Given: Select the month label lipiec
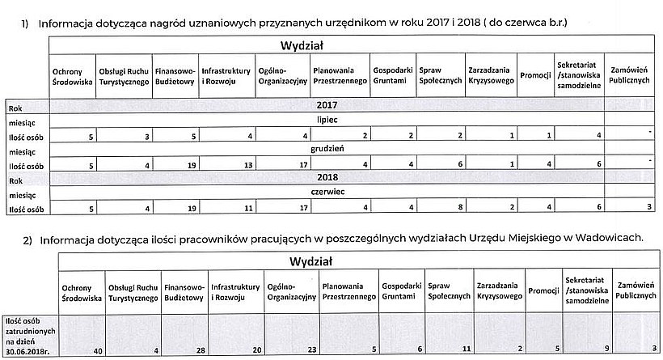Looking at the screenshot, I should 325,120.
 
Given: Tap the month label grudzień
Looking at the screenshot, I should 325,150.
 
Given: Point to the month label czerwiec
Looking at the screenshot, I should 325,194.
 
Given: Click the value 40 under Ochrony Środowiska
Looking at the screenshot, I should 96,349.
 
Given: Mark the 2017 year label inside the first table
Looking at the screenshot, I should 325,105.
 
